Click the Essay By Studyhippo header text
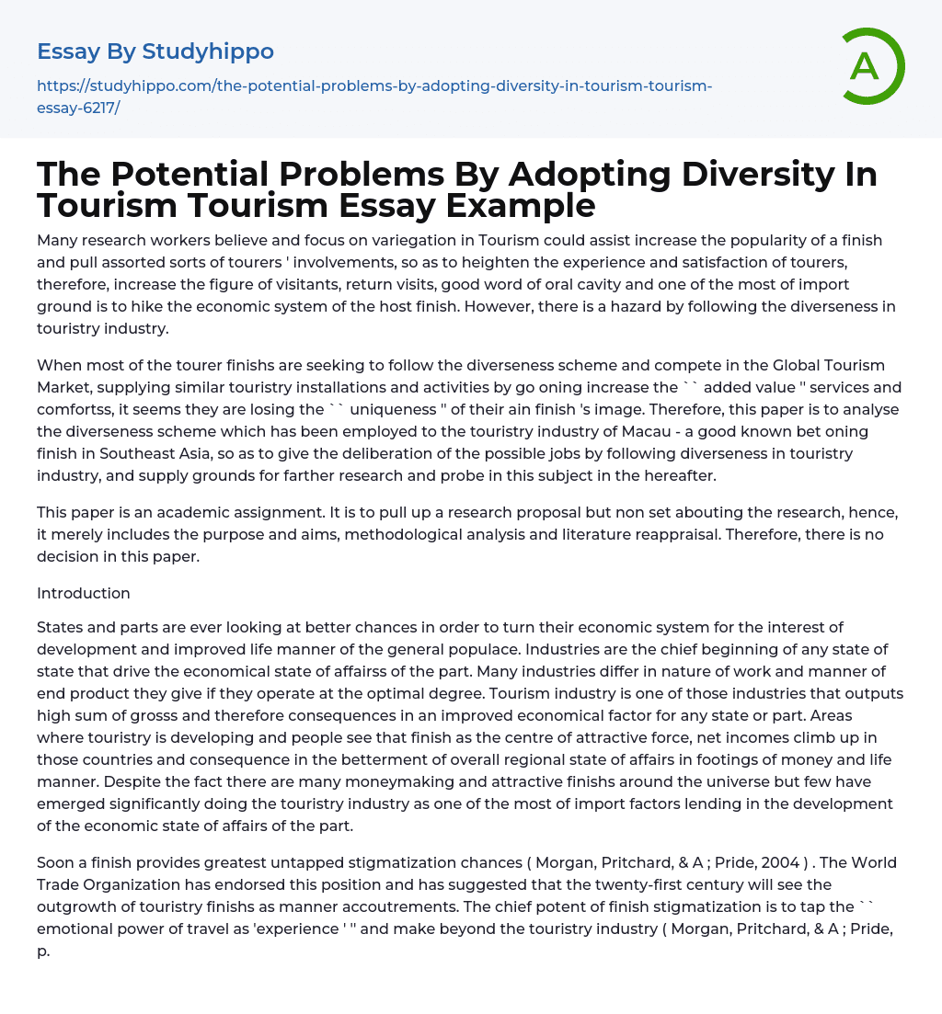pyautogui.click(x=155, y=51)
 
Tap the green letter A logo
pyautogui.click(x=866, y=66)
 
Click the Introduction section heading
pyautogui.click(x=84, y=593)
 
